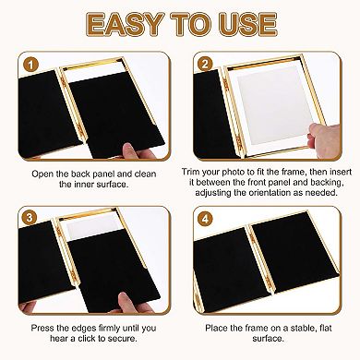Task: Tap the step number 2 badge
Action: click(205, 66)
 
